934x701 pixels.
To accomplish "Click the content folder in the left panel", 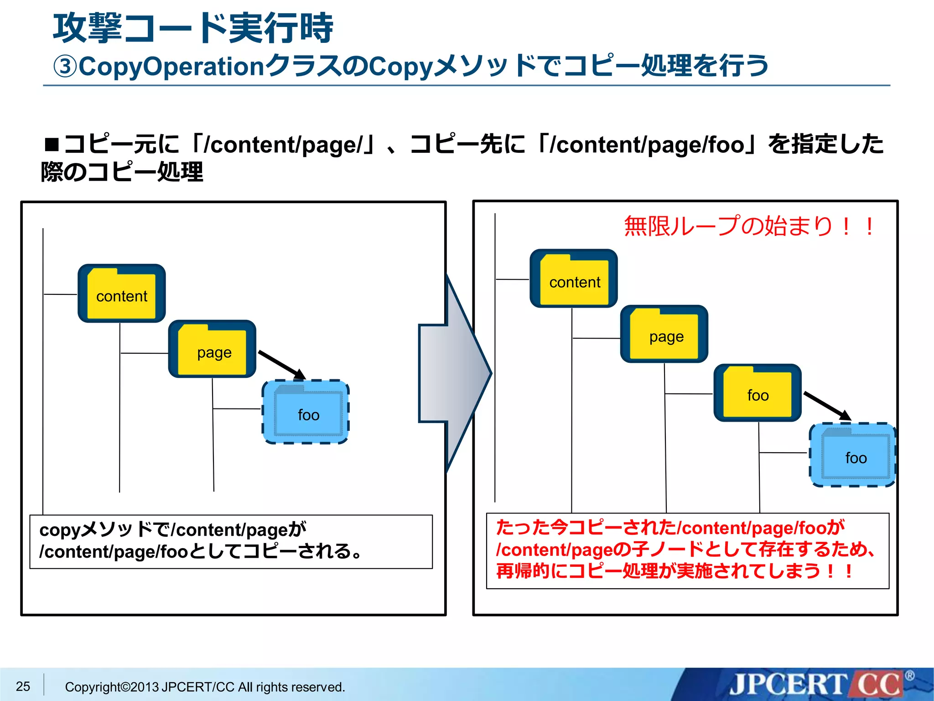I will click(x=121, y=293).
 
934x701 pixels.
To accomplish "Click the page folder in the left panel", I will click(x=212, y=349).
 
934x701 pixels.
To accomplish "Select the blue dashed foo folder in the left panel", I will click(x=306, y=412).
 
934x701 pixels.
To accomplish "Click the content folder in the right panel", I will click(x=573, y=279).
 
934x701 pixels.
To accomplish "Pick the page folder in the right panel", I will click(x=664, y=334).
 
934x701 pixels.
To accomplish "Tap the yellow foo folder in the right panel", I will click(x=757, y=393).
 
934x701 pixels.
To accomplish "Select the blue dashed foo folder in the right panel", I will click(x=853, y=455).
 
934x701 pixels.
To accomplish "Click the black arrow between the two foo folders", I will click(x=827, y=405).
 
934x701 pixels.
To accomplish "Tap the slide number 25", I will click(x=23, y=686).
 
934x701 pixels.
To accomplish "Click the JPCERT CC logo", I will click(x=816, y=685).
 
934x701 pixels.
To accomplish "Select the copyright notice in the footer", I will click(x=205, y=687).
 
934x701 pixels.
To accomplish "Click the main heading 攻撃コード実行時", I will click(x=193, y=28).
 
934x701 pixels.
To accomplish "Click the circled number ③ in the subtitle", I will click(x=65, y=67).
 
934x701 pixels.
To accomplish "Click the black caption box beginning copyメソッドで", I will click(x=231, y=541).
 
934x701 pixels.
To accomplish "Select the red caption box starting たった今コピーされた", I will click(x=687, y=550).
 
